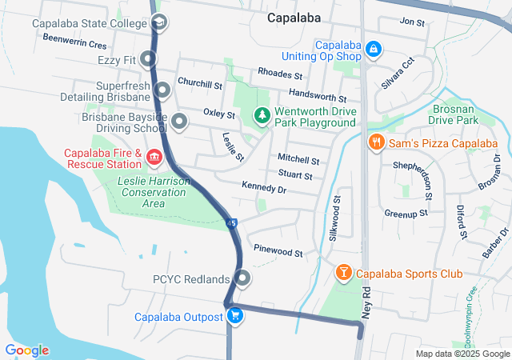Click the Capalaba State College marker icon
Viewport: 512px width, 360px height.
pyautogui.click(x=159, y=22)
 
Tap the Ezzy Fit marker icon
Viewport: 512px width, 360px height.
pyautogui.click(x=148, y=58)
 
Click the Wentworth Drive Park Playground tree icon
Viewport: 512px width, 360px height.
pyautogui.click(x=262, y=116)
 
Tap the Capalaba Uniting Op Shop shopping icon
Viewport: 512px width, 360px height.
pyautogui.click(x=372, y=50)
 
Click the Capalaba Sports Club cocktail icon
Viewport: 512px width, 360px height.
pyautogui.click(x=343, y=274)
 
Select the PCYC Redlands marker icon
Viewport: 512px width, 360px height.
pyautogui.click(x=242, y=279)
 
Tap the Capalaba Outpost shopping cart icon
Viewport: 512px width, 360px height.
pyautogui.click(x=234, y=316)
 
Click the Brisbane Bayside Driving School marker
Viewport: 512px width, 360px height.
pyautogui.click(x=178, y=122)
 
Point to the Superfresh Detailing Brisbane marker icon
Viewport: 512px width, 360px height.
pyautogui.click(x=162, y=90)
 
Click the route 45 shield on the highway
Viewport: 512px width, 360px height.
pyautogui.click(x=231, y=223)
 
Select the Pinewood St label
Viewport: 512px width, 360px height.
pyautogui.click(x=278, y=253)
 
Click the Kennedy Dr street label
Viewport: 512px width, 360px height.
pyautogui.click(x=264, y=189)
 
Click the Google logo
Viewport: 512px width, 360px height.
pyautogui.click(x=26, y=350)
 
